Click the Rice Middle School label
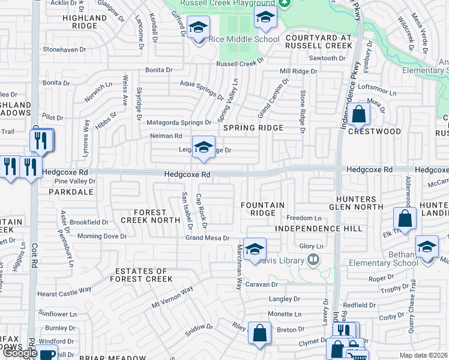(244, 40)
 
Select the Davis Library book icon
(312, 260)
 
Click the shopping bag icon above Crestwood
(358, 113)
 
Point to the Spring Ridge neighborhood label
(253, 128)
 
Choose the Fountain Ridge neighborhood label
(262, 209)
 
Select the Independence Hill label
(319, 229)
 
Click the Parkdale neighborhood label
(70, 192)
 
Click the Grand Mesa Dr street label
(208, 238)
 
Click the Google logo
(20, 353)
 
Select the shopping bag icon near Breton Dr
(259, 333)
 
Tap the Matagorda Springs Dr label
(179, 122)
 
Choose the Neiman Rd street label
(166, 136)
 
